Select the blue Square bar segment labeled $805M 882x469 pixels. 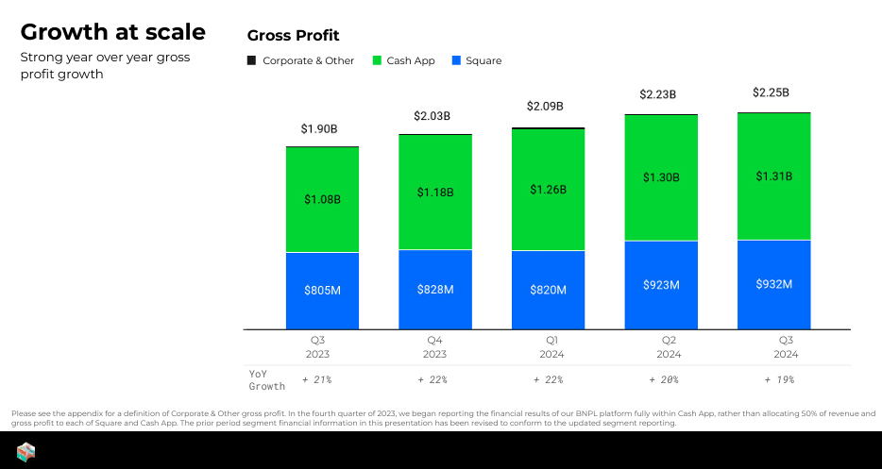pos(322,291)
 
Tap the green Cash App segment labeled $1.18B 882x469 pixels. pos(435,192)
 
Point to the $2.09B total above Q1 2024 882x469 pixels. pos(548,107)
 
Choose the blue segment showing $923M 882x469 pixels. pos(661,285)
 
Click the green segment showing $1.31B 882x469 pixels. pos(773,176)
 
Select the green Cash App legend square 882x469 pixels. pos(378,60)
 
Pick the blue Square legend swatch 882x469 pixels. pos(457,60)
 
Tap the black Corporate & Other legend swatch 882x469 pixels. pos(251,60)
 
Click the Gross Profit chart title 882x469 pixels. pos(293,36)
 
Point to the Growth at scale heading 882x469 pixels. pos(112,32)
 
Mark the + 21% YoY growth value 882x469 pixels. pos(316,379)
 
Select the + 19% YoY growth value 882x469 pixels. pos(779,379)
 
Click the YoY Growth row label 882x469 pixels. pos(266,379)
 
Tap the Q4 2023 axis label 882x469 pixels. pos(435,346)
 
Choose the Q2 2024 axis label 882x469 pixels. pos(669,346)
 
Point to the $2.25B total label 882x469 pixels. pos(771,92)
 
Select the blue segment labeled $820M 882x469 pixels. pos(548,290)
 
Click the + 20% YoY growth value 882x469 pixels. pos(664,379)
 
